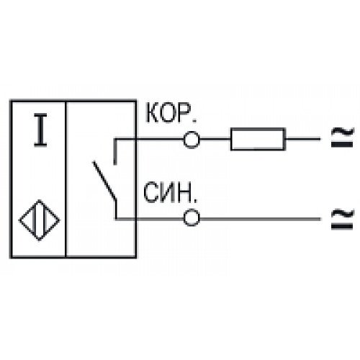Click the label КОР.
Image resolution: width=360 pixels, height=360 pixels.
pyautogui.click(x=171, y=113)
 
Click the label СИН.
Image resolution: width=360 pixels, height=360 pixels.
pyautogui.click(x=170, y=192)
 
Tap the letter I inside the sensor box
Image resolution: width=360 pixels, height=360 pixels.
pyautogui.click(x=40, y=130)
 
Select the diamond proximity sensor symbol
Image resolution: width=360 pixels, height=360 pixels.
pyautogui.click(x=40, y=220)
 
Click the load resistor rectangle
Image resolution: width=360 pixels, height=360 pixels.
pyautogui.click(x=258, y=139)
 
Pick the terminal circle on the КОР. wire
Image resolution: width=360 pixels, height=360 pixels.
pyautogui.click(x=192, y=140)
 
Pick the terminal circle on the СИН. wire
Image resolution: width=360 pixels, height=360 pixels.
pyautogui.click(x=192, y=218)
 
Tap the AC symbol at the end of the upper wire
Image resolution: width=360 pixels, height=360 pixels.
pyautogui.click(x=343, y=138)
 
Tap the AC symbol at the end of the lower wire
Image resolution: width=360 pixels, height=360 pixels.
pyautogui.click(x=343, y=219)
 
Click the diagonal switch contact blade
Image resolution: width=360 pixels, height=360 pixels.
pyautogui.click(x=104, y=181)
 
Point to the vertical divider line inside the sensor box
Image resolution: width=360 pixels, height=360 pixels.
pyautogui.click(x=66, y=179)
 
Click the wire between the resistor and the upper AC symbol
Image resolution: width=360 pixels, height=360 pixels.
pyautogui.click(x=303, y=139)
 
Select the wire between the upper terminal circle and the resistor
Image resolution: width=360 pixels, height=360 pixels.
pyautogui.click(x=215, y=139)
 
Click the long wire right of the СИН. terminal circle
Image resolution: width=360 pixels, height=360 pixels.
pyautogui.click(x=260, y=219)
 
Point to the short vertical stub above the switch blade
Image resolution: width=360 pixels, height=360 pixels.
pyautogui.click(x=115, y=152)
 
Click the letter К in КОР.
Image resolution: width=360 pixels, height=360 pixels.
pyautogui.click(x=152, y=113)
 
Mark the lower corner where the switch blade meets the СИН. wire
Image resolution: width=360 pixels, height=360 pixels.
pyautogui.click(x=116, y=219)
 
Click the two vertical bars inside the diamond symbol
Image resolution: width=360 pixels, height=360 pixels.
pyautogui.click(x=40, y=220)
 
